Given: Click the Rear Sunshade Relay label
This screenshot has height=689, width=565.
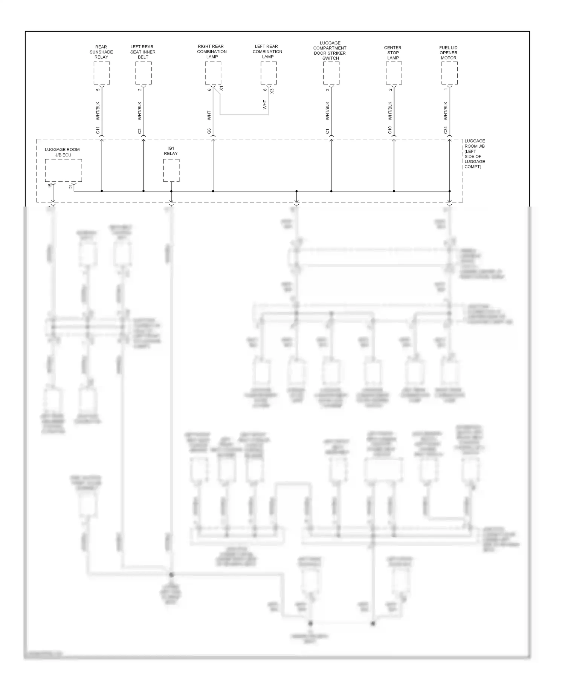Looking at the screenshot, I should pos(101,52).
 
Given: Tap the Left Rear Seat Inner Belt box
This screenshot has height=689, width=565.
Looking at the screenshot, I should pos(144,73).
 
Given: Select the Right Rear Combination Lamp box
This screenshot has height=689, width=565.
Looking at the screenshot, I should pos(213,73).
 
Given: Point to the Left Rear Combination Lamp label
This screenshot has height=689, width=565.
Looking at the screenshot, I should pos(267,52).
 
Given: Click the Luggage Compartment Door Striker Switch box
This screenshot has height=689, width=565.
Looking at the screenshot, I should pos(331,73).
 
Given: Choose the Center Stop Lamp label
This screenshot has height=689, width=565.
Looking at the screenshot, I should pos(393,53).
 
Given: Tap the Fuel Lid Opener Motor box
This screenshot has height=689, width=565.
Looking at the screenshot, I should pos(449,73).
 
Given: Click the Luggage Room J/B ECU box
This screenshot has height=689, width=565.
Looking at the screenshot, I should pos(63,170).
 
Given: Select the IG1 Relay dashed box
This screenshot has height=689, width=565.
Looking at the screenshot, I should pos(171,170).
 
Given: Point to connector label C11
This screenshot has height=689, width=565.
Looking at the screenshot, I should pos(98,130).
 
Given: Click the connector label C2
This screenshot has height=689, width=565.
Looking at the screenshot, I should pos(140,131).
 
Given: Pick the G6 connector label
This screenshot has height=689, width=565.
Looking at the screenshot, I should pos(209,131).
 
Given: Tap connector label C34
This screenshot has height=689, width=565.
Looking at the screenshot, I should pos(446,130).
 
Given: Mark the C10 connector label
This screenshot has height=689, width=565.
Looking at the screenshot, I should pos(390,130).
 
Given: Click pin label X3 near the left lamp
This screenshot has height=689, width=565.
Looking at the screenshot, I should pos(272,91).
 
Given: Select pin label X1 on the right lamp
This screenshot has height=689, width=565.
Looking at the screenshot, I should pos(221,88).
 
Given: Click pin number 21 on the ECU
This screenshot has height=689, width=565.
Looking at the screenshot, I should pos(71,186).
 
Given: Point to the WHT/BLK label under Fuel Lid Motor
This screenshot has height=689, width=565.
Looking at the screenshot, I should pos(446,111).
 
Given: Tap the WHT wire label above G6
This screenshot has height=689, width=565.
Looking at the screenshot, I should pos(209,115).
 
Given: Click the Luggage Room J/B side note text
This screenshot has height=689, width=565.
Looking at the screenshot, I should pos(474,154).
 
